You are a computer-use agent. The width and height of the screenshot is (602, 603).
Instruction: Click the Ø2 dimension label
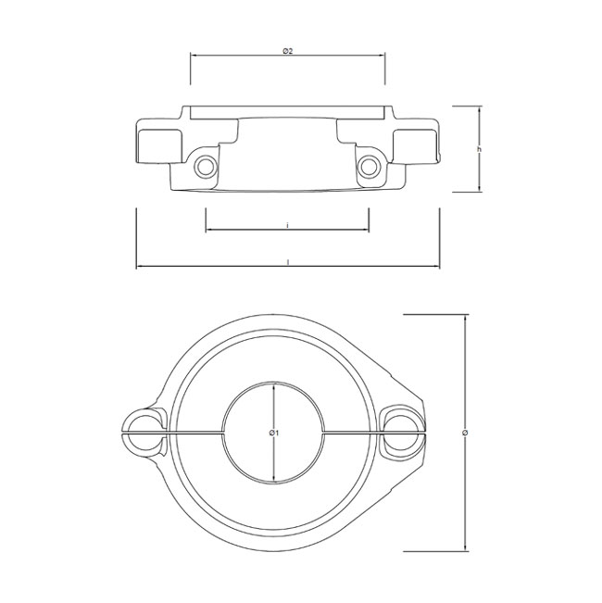coord(287,51)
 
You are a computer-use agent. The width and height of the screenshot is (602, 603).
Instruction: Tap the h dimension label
coord(480,149)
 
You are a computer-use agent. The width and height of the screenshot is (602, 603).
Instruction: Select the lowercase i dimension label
coord(287,226)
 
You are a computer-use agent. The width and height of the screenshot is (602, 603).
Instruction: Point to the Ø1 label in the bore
coord(274,433)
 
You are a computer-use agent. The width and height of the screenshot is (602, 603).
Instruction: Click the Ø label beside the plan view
coord(466,433)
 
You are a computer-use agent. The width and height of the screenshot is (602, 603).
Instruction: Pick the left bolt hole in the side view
coord(206,167)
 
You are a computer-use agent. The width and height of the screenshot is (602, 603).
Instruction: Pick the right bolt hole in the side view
coord(369,167)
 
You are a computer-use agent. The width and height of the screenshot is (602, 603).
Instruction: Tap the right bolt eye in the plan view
coord(401,433)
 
